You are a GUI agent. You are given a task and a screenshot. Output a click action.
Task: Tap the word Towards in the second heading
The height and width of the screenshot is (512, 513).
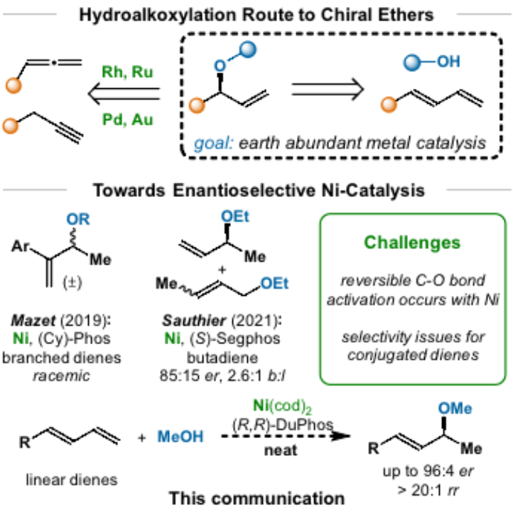coord(124,191)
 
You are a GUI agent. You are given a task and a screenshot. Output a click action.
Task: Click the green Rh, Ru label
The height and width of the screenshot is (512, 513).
coord(128,72)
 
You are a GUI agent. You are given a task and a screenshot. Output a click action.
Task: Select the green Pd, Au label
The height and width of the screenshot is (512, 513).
coord(128,119)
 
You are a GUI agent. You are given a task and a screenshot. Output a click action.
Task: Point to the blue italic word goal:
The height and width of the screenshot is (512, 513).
coord(213,144)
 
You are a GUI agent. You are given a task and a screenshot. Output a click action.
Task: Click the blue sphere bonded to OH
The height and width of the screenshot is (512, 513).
coord(412,63)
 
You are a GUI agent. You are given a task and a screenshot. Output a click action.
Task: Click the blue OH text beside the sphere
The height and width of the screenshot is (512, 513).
coord(448,62)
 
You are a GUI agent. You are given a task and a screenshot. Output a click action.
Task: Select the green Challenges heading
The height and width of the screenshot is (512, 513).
coord(412,242)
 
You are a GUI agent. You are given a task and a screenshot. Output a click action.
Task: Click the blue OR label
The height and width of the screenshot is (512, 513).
coord(78,220)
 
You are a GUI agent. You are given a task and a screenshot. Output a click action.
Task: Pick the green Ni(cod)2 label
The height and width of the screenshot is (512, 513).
coord(282,406)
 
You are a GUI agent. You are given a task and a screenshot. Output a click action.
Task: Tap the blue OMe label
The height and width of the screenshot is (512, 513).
coord(455,408)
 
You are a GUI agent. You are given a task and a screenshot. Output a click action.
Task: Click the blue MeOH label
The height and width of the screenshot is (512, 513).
coord(180,437)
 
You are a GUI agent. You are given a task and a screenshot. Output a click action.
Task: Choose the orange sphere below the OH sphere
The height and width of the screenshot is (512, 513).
coord(389,105)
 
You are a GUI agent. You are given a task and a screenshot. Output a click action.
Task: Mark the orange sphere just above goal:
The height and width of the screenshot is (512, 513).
coord(197,106)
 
